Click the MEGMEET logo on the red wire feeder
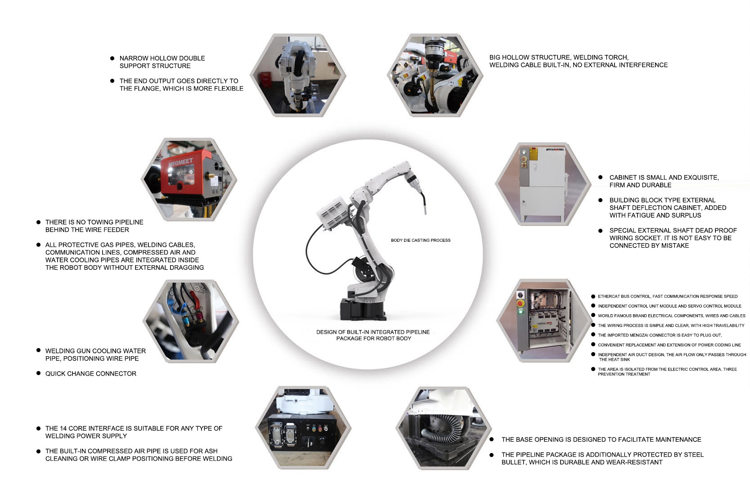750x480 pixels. click(x=180, y=162)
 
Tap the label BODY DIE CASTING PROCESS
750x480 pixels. click(x=421, y=240)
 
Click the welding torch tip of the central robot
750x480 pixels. click(x=425, y=211)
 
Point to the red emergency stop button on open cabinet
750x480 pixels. click(x=521, y=303)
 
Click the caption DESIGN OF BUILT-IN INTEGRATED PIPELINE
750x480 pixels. click(x=373, y=332)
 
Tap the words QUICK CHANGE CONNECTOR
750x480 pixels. click(x=91, y=373)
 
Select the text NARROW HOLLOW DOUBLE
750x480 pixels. click(x=162, y=58)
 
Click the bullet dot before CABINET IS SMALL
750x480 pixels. click(x=600, y=177)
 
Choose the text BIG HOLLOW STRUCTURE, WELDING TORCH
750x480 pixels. click(x=559, y=57)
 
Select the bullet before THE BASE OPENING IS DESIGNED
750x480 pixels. click(x=491, y=439)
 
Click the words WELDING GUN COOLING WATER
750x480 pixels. click(x=95, y=351)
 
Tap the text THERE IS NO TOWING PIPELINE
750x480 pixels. click(x=94, y=222)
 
